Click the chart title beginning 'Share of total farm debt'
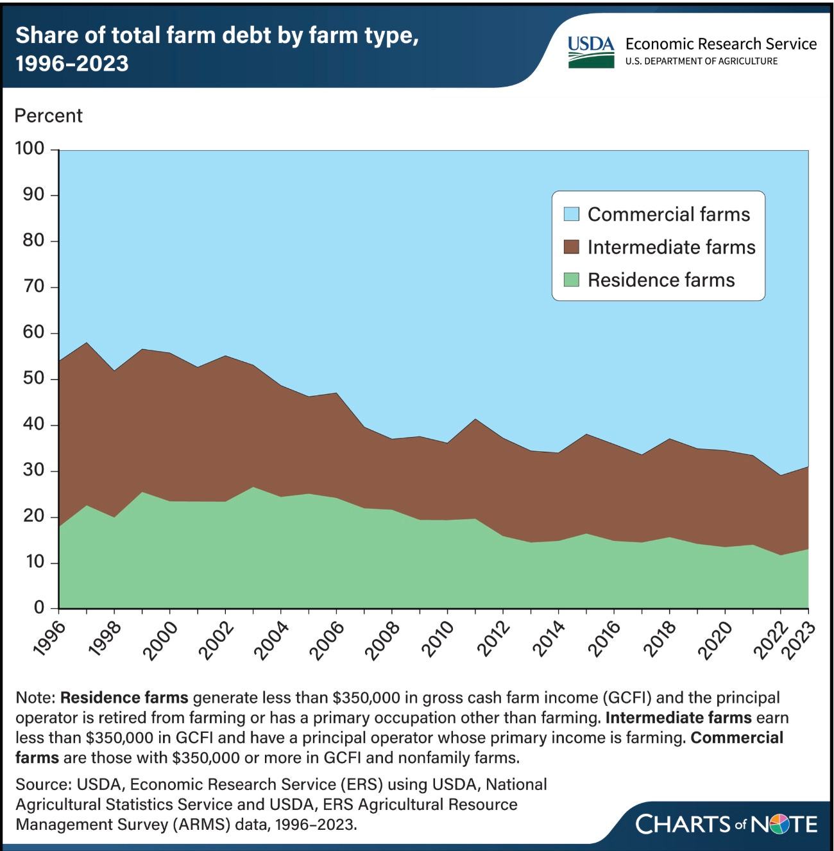point(217,49)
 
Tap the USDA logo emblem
point(590,52)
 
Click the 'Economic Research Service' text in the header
point(720,44)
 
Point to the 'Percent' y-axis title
point(49,116)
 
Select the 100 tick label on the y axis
point(30,149)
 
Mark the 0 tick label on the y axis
point(39,607)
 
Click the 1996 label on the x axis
point(50,638)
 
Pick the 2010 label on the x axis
point(438,639)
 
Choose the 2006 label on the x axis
point(327,639)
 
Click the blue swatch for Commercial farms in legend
point(571,214)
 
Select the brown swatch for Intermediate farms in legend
point(571,247)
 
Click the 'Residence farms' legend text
point(661,280)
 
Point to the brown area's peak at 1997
point(87,343)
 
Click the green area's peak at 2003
point(253,487)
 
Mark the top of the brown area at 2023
point(807,467)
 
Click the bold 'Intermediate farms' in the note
point(678,717)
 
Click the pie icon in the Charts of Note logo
point(778,824)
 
